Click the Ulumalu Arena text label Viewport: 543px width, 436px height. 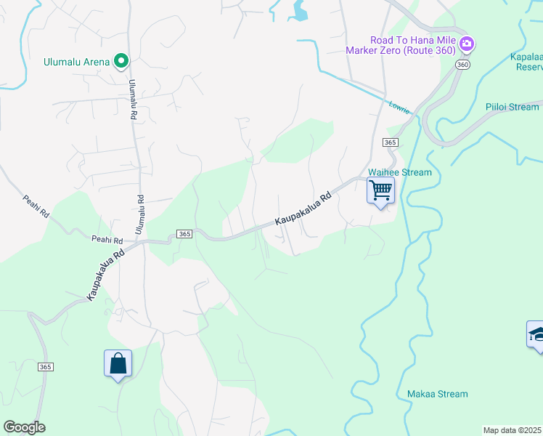[x=76, y=62]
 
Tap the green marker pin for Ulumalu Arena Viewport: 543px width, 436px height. [x=122, y=62]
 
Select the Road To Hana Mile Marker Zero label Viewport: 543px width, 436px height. [x=412, y=45]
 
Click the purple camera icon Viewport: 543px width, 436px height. [x=467, y=45]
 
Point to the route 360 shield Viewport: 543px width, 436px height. [x=462, y=65]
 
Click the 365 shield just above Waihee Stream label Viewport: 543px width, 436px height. [x=390, y=142]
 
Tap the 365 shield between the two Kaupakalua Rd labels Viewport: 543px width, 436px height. [x=184, y=233]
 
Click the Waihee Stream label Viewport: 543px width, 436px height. [x=400, y=172]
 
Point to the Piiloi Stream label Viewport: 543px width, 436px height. [x=513, y=107]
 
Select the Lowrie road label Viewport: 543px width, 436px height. [x=399, y=107]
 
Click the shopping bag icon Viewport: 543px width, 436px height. [x=118, y=363]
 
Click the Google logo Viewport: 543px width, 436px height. [x=24, y=427]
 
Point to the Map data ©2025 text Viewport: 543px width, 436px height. [x=513, y=430]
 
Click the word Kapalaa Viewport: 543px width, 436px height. [x=526, y=56]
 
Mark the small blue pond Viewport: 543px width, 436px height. [x=299, y=10]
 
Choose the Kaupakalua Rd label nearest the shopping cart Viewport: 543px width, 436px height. [x=303, y=209]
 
